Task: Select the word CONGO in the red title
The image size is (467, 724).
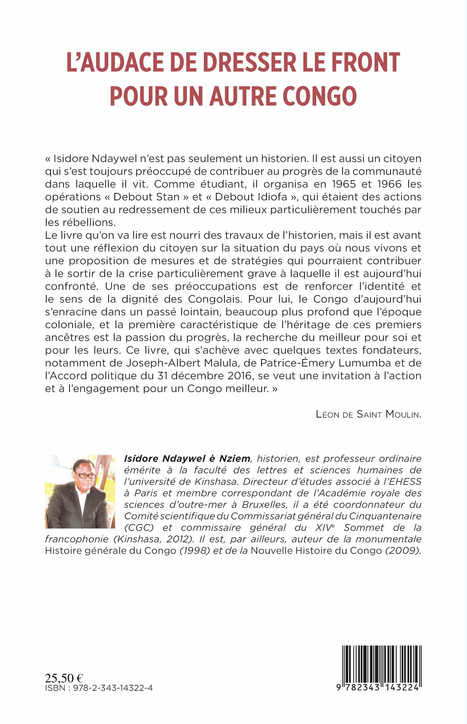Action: tap(320, 96)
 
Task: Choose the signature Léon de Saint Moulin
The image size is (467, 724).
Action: tap(368, 415)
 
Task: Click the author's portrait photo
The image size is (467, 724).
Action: tap(80, 491)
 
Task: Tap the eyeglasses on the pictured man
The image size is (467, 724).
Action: tap(84, 475)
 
